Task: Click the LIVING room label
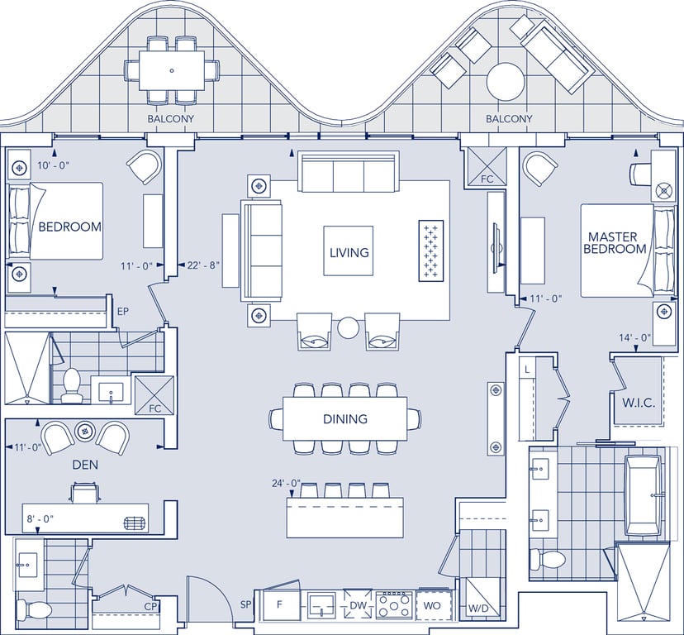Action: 349,252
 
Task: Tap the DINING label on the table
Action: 345,419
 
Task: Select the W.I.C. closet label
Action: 639,403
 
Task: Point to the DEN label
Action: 85,465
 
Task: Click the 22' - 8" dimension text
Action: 203,265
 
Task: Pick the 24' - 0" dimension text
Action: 287,483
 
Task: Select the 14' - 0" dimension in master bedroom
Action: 634,337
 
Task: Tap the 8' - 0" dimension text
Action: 40,518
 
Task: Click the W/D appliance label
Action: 478,608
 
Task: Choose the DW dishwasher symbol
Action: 358,605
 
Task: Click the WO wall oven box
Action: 432,605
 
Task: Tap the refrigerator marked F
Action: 279,604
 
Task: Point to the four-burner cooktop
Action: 394,605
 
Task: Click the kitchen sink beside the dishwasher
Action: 321,605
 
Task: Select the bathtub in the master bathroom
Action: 643,495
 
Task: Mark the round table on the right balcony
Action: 505,82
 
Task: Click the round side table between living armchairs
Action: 349,327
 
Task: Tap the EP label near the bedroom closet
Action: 123,312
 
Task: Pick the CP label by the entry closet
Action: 150,607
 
